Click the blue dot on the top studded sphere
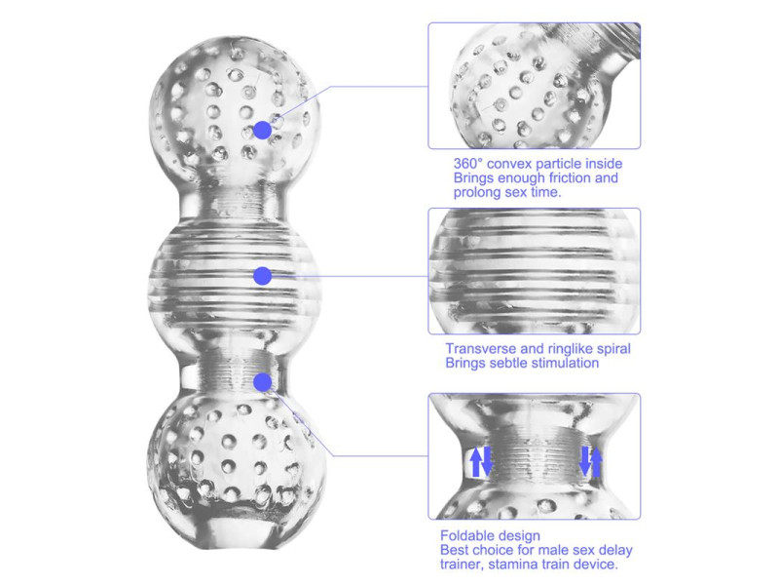262,130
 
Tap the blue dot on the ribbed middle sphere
262,276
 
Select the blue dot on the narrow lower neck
262,382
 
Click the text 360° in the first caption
468,164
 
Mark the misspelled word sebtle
508,363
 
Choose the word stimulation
565,363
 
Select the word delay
615,550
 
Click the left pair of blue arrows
480,461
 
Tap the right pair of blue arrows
591,461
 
